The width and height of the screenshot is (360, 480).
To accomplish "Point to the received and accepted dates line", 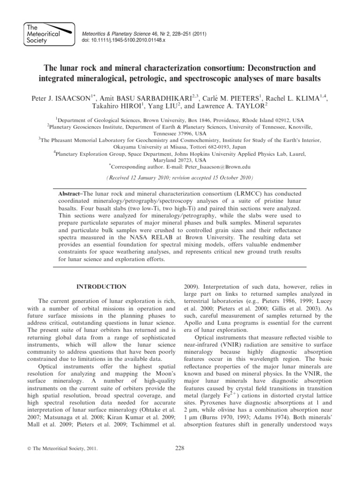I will [180, 178].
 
